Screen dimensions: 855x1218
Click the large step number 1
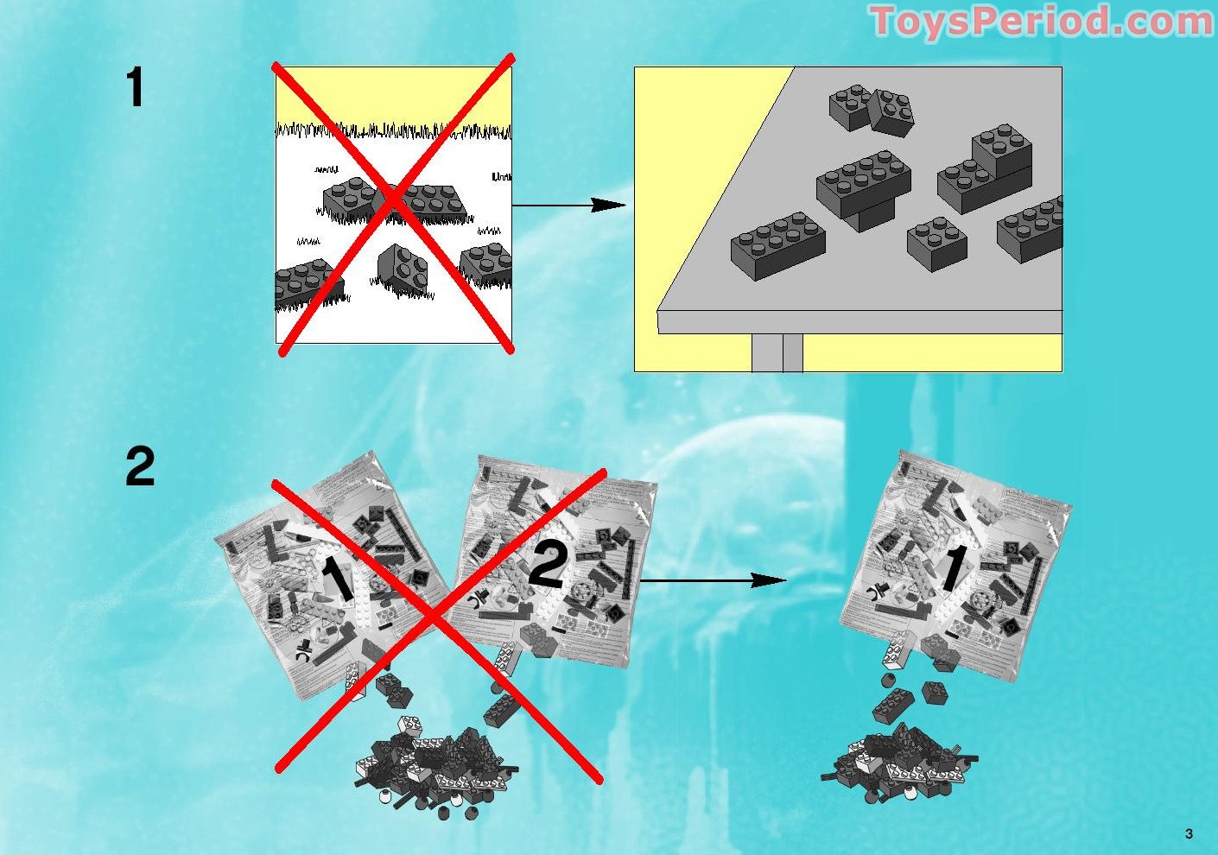click(135, 88)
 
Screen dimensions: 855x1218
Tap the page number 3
click(1189, 833)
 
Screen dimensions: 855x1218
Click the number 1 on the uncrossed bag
click(952, 567)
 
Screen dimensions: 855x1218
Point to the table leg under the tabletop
click(777, 352)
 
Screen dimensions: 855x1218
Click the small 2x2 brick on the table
click(936, 243)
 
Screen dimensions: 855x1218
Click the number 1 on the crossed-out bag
click(338, 579)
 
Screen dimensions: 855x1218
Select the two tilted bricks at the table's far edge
click(871, 110)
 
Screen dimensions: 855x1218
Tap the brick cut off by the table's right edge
click(1031, 228)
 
